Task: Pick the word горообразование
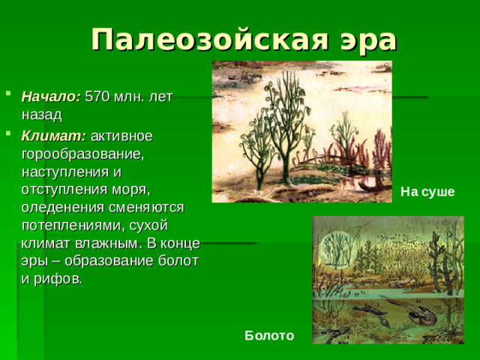pos(82,154)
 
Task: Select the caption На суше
pos(427,192)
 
